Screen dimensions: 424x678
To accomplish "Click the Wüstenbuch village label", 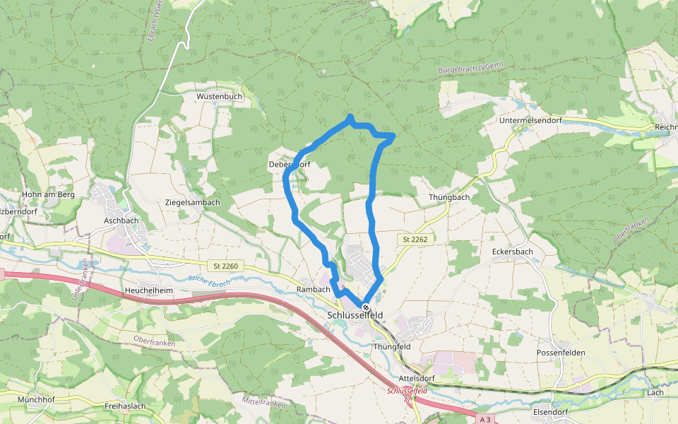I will coord(220,96).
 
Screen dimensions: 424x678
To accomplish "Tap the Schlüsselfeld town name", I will coord(359,316).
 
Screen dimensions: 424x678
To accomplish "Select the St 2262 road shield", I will coord(415,240).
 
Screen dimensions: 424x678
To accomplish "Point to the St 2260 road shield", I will coord(227,266).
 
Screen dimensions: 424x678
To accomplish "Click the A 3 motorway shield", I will coord(484,419).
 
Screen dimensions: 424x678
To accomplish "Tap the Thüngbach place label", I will coord(449,197).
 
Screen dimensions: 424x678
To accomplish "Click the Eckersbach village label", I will coord(512,252).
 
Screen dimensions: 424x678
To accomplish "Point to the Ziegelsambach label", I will coord(192,202).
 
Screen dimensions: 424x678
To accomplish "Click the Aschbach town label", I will coord(121,221).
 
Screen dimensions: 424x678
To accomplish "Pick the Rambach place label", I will coord(314,290).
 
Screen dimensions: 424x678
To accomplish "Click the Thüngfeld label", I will coord(391,346).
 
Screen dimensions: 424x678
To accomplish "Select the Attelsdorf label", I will coord(417,379).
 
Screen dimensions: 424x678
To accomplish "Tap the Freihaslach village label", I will coord(125,406).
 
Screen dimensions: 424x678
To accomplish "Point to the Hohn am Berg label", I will coord(49,194).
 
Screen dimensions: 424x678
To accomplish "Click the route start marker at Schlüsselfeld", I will coord(366,307).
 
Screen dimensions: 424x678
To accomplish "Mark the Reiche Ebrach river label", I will coord(210,281).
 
